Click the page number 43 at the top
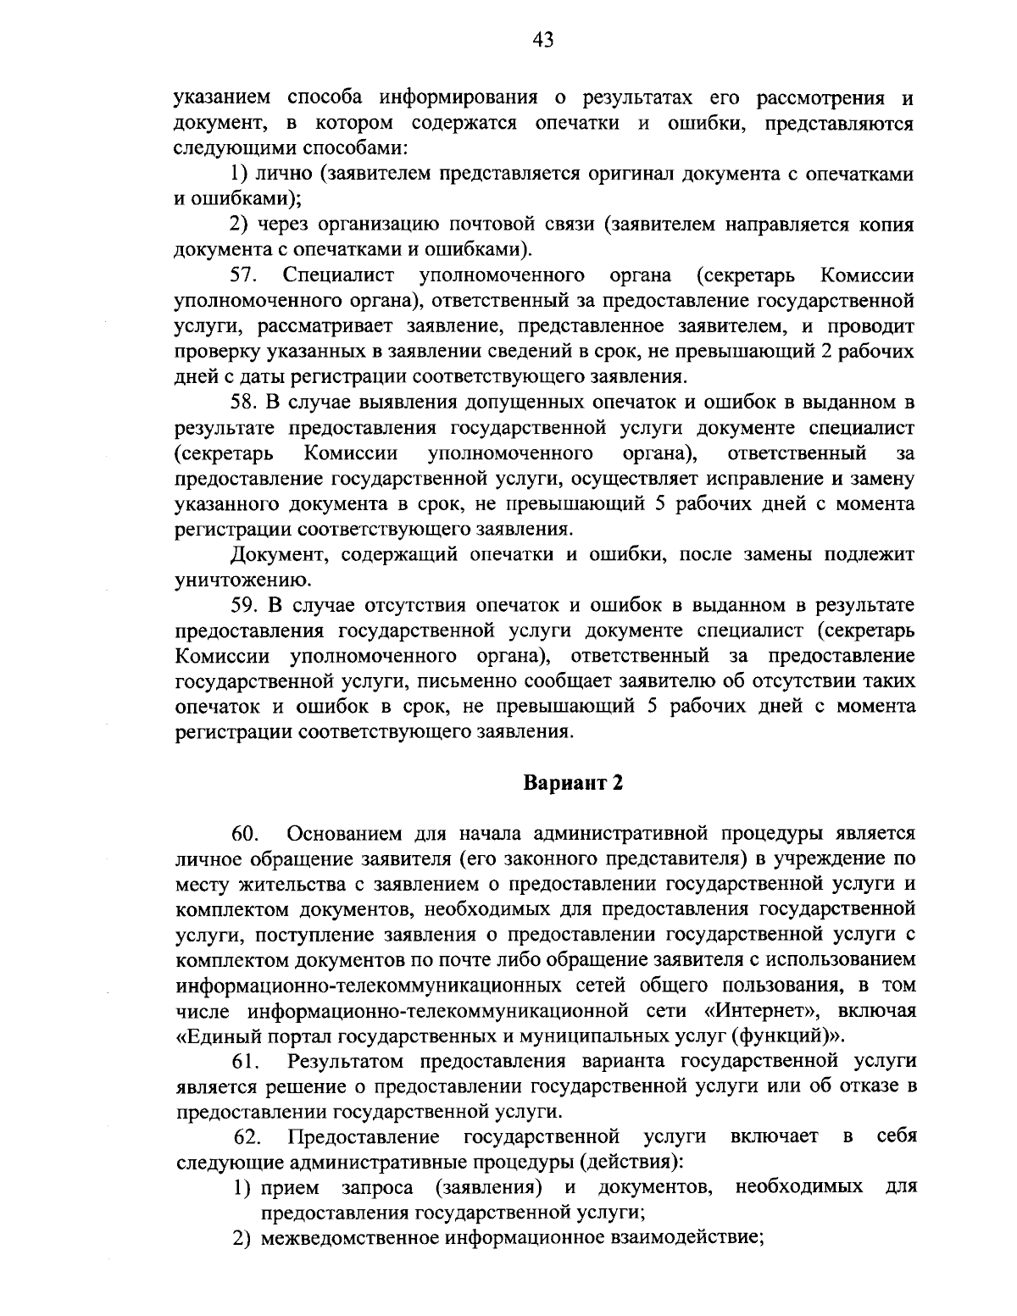pos(543,39)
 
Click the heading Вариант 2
pos(572,781)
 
